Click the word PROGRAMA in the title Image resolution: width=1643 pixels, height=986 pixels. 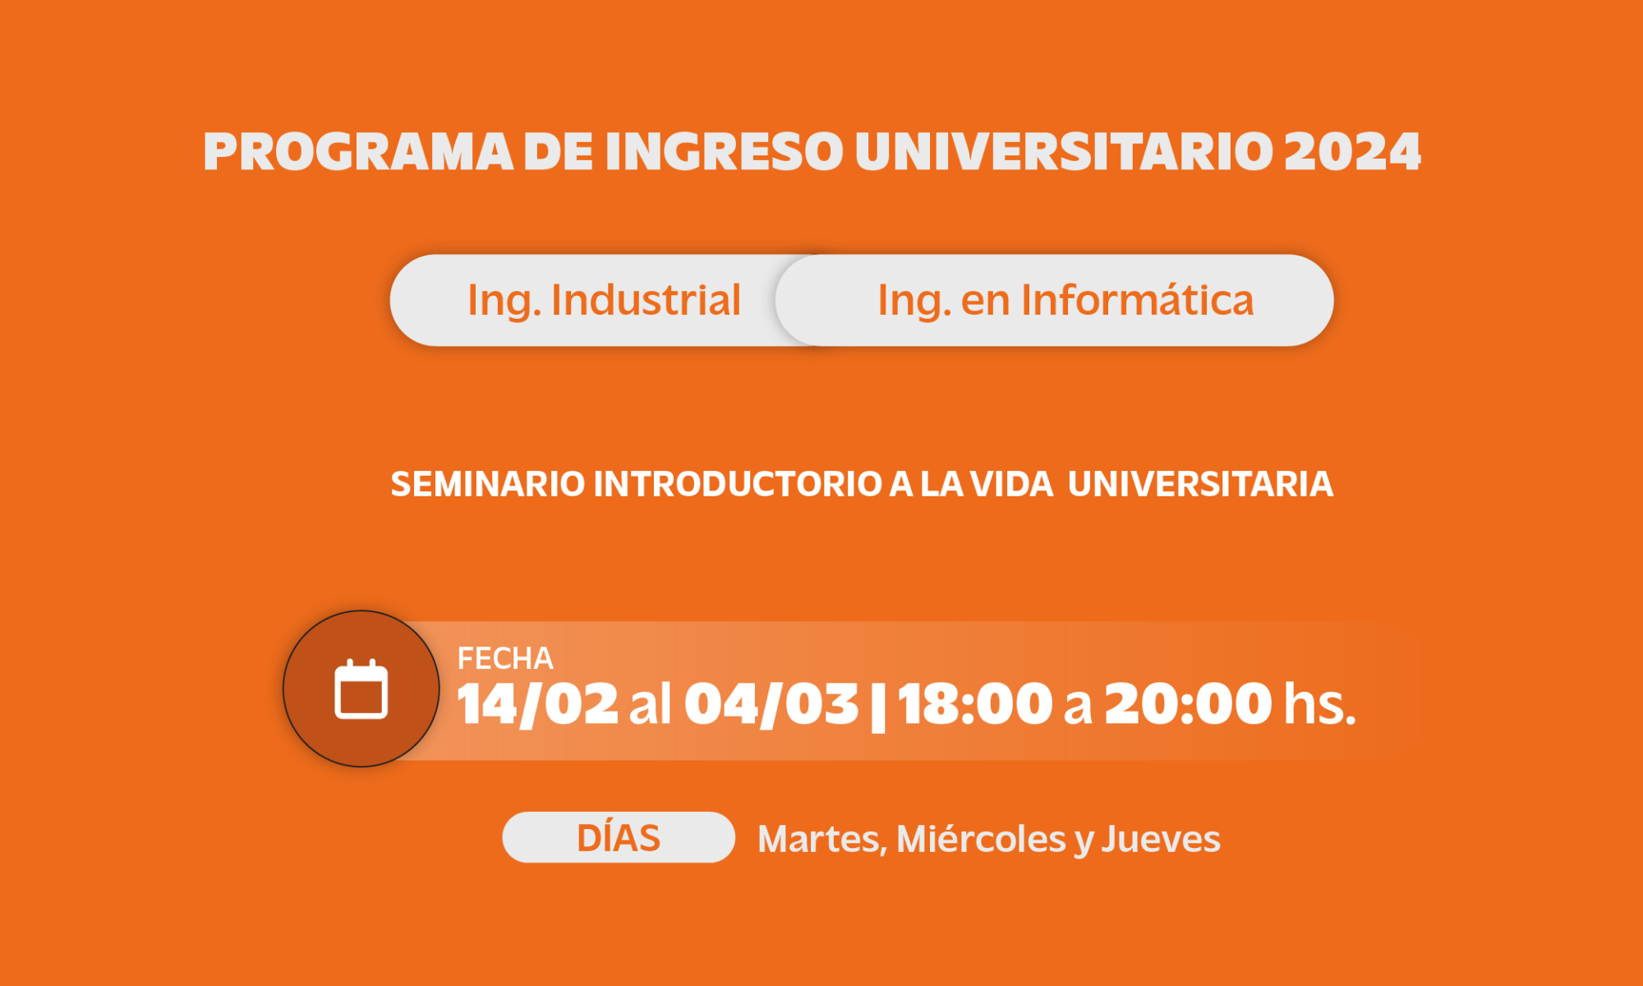pos(359,152)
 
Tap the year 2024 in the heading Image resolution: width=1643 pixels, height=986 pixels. pos(1352,152)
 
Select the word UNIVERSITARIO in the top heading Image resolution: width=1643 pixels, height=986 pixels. pos(1064,152)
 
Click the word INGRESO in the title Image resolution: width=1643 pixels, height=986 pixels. pos(725,152)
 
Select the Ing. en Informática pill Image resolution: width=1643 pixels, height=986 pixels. pos(1055,300)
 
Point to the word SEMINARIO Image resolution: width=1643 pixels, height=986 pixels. pos(488,484)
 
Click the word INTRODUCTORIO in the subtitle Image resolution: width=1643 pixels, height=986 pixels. pos(738,484)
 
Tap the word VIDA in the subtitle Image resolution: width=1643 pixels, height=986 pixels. pos(1011,484)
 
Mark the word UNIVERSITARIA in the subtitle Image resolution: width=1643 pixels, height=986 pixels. pos(1200,484)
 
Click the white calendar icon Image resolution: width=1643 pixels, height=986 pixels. pos(361,689)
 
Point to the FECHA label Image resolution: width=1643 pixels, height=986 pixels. pos(505,658)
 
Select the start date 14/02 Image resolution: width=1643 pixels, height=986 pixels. pos(537,704)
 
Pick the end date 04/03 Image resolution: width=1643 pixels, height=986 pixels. pos(771,704)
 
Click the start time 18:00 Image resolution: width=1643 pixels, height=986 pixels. pos(974,704)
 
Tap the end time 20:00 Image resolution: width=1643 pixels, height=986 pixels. pos(1188,704)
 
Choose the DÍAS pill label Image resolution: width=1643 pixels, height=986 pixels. pos(619,838)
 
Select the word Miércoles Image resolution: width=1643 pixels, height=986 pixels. pos(981,840)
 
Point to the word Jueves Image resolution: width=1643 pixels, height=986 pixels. pos(1161,840)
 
